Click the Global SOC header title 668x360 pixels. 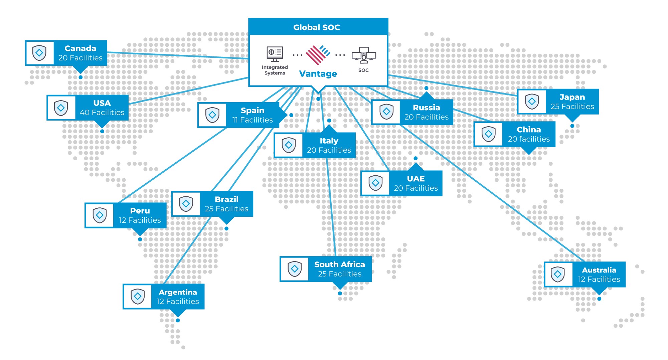(x=317, y=27)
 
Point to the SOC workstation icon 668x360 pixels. (x=364, y=55)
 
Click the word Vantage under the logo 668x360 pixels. (x=318, y=74)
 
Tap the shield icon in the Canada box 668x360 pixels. (x=39, y=53)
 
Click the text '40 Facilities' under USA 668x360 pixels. (x=102, y=113)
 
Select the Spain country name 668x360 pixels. (x=253, y=110)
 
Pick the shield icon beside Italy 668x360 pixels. (x=289, y=145)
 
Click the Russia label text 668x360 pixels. (x=427, y=108)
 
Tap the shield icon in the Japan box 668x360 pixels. (x=532, y=102)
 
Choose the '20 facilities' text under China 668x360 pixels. (x=529, y=139)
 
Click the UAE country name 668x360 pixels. (x=416, y=179)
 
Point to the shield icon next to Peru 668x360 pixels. (x=100, y=215)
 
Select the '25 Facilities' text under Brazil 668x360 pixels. (x=226, y=209)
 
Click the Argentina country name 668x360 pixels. (x=178, y=292)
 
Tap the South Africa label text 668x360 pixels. (x=339, y=264)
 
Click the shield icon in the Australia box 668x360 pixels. (x=558, y=274)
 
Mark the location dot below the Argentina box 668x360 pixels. (x=178, y=321)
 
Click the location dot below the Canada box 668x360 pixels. (x=80, y=77)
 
